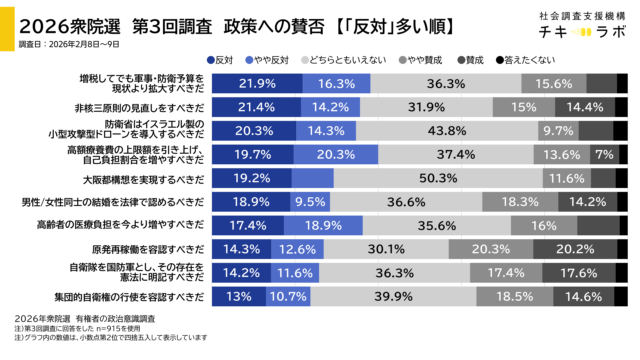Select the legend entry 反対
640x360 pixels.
pyautogui.click(x=221, y=60)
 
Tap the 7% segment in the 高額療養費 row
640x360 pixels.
pyautogui.click(x=603, y=154)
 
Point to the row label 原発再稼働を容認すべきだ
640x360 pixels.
pyautogui.click(x=148, y=249)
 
